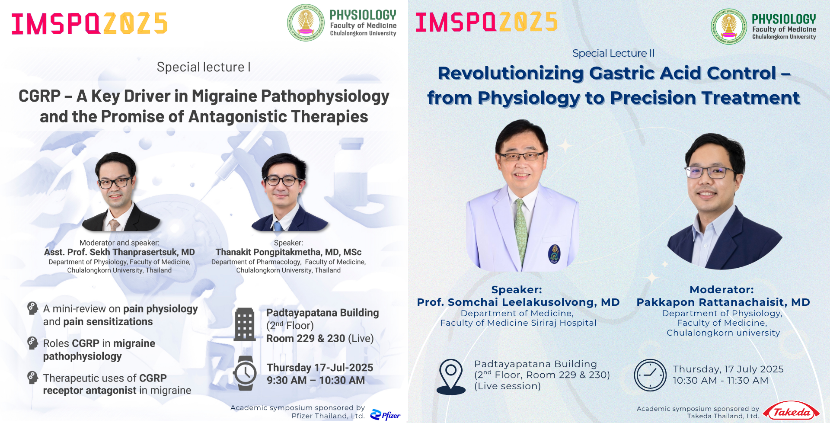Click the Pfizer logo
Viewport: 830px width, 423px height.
[385, 415]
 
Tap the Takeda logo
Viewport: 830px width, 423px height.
[791, 411]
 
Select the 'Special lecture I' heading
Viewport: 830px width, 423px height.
[204, 67]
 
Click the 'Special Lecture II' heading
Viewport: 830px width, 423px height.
[613, 53]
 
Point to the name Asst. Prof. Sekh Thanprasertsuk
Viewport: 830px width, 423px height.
[119, 252]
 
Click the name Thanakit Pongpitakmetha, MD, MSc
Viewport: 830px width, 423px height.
[288, 252]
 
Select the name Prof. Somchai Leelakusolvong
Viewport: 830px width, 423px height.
[518, 302]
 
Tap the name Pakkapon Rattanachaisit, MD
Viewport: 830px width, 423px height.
[723, 302]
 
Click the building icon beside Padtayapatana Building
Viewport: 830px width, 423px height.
[245, 324]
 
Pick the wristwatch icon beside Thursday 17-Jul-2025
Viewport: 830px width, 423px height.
[245, 373]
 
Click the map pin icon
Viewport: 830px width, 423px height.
[451, 377]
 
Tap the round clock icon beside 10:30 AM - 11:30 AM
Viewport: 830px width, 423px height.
[650, 375]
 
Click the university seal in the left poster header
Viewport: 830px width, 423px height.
[306, 22]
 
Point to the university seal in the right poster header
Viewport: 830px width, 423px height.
[729, 26]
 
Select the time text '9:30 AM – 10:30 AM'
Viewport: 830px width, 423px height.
[316, 381]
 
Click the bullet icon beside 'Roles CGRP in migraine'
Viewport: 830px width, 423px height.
[32, 343]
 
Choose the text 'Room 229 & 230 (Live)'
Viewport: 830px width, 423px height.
[320, 339]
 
